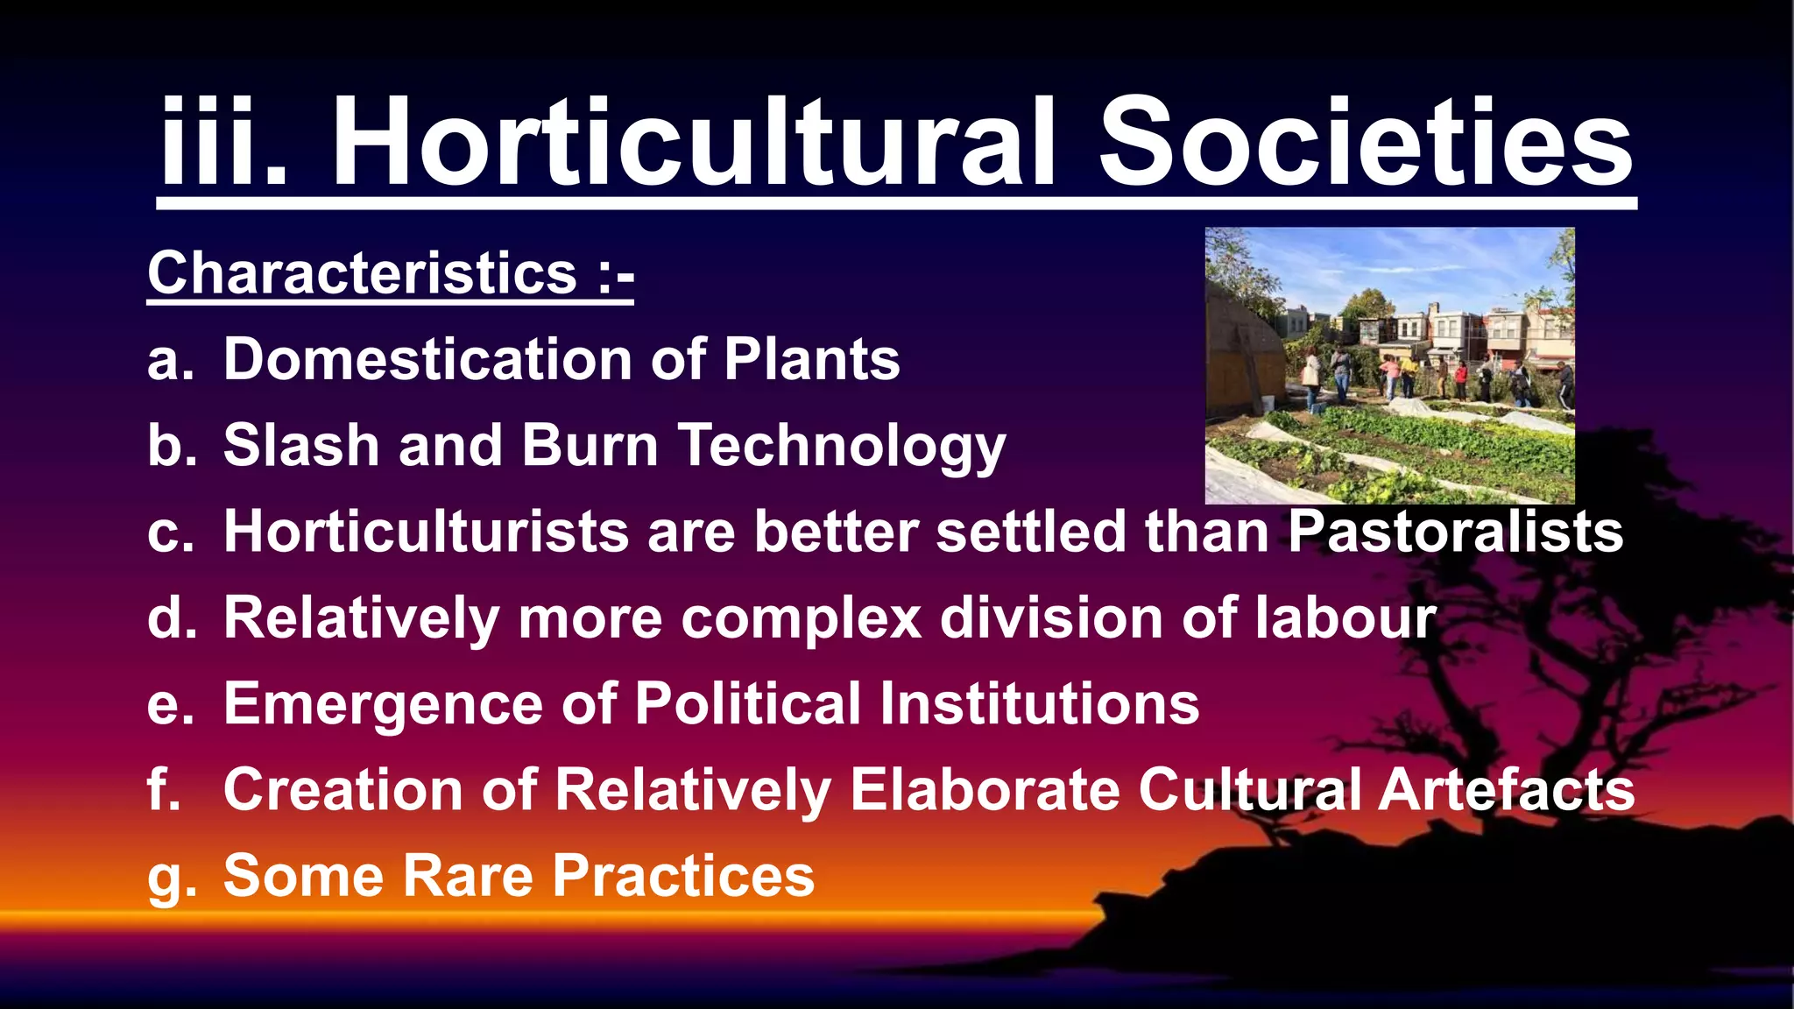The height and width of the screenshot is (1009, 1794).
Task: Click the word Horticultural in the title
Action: coord(693,142)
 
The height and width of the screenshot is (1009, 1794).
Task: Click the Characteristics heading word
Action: coord(362,273)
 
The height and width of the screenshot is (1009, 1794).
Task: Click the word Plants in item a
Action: coord(811,359)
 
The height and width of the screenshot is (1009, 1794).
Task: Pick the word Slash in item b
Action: coord(300,445)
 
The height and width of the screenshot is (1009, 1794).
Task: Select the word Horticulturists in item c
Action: coord(426,531)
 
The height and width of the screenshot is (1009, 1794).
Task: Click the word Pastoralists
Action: coord(1455,531)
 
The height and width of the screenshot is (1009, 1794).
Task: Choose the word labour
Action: coord(1345,617)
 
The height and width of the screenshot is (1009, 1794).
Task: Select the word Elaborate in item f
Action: coord(985,789)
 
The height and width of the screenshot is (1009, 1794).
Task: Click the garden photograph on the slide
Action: coord(1389,365)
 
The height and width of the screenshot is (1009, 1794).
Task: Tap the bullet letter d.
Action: coord(169,617)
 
